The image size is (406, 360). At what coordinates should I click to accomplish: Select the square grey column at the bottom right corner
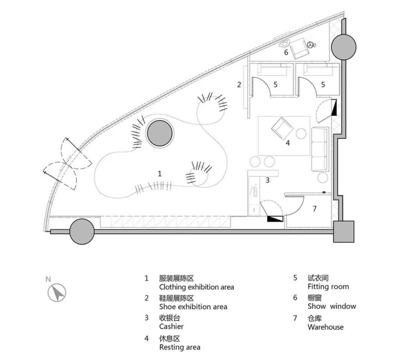(344, 232)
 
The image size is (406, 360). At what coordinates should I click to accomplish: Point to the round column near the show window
(344, 47)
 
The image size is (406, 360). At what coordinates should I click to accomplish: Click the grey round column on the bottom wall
(82, 232)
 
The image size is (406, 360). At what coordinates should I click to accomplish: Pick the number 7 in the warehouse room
(315, 208)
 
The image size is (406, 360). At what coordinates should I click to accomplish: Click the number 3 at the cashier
(268, 180)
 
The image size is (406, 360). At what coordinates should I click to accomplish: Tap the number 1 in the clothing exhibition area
(160, 174)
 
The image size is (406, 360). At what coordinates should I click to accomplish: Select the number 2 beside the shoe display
(239, 84)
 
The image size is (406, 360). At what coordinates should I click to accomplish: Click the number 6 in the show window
(286, 52)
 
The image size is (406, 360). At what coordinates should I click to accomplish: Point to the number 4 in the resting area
(288, 143)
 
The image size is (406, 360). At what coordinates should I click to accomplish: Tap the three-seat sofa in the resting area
(320, 149)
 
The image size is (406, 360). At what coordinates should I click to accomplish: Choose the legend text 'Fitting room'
(328, 287)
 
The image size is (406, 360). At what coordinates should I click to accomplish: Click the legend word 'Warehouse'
(325, 327)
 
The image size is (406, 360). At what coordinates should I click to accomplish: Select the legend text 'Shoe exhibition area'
(193, 307)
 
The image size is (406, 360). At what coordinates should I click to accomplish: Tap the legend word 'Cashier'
(171, 326)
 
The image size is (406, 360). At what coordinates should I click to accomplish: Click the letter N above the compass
(48, 279)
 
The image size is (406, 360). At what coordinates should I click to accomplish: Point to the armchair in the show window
(300, 47)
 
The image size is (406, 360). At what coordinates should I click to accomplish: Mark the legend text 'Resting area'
(180, 347)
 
